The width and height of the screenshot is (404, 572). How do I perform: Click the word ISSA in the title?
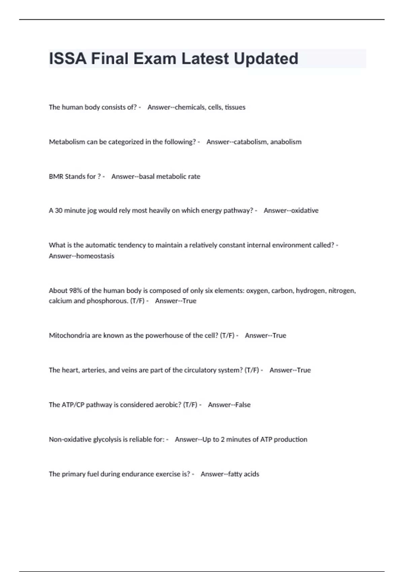coord(67,59)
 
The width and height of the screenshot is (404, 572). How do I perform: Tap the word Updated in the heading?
coord(266,59)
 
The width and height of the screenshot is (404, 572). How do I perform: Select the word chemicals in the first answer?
coord(190,107)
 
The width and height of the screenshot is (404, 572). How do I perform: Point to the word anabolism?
coord(286,142)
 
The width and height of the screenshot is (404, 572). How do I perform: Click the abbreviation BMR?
coord(56,177)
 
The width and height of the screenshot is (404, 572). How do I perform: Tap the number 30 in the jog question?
coord(59,211)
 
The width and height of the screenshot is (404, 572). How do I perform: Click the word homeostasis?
coord(95,256)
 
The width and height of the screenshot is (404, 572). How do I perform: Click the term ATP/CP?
coord(73,405)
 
